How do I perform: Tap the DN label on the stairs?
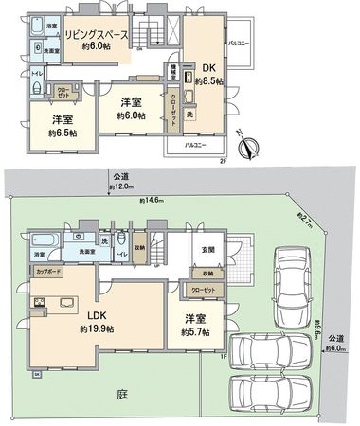140,45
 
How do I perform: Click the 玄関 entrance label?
208,250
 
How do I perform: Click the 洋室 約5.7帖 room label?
196,324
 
